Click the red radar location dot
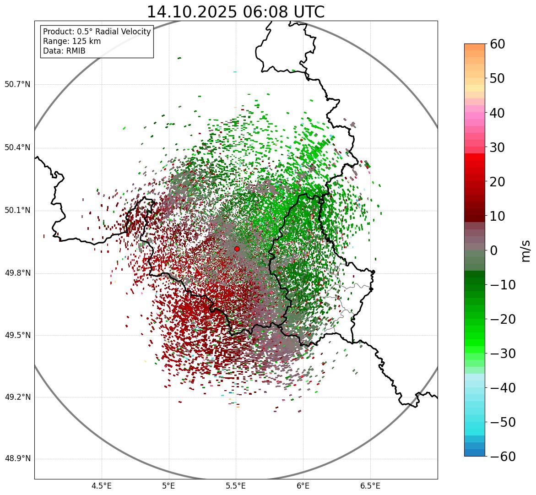point(237,249)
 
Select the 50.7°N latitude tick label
point(17,85)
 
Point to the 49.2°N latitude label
point(17,397)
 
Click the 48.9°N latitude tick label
point(17,459)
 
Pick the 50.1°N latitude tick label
point(17,211)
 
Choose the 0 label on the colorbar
point(494,250)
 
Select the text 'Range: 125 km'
point(72,41)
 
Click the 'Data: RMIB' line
point(64,51)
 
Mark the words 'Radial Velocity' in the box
point(123,32)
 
